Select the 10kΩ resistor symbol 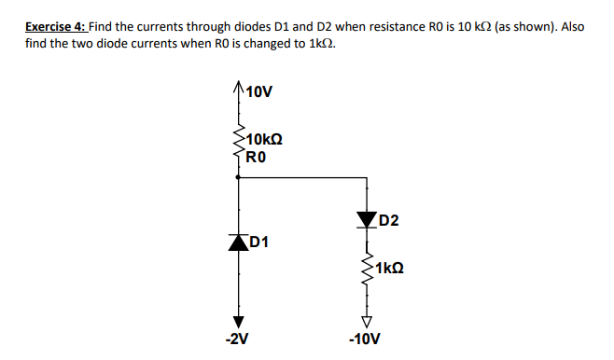[238, 145]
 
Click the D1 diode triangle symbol [238, 241]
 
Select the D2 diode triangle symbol [365, 219]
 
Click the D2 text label [388, 220]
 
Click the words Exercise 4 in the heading [55, 26]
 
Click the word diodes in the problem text [241, 26]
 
